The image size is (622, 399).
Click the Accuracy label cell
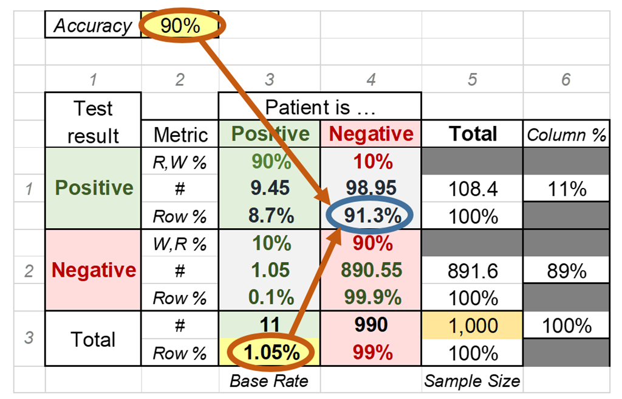pos(93,26)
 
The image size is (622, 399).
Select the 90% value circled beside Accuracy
pos(181,26)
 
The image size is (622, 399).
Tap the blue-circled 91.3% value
pos(371,216)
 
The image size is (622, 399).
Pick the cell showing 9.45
pos(270,189)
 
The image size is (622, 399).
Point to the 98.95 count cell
pos(371,189)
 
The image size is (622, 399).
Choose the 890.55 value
pos(371,270)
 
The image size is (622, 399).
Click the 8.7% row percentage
pos(270,216)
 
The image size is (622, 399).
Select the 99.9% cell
pos(371,297)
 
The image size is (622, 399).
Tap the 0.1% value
pos(270,297)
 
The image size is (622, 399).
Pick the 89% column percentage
pos(566,271)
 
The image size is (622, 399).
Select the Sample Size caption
pos(472,381)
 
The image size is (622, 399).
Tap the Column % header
pos(566,134)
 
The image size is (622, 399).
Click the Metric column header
pos(180,134)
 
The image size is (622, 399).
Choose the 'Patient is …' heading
pos(320,108)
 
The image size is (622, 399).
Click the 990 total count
pos(371,325)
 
